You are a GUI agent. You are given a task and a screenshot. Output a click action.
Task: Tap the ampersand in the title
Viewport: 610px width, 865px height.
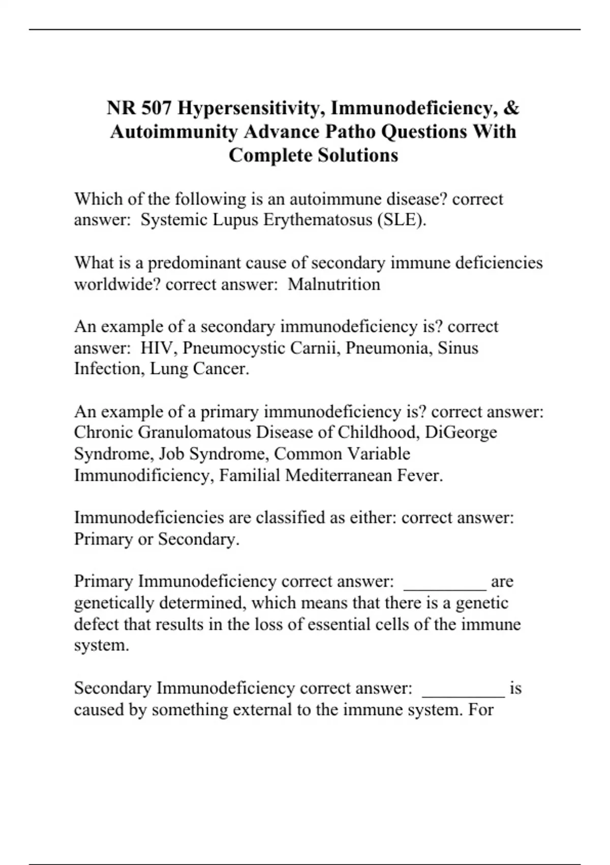pyautogui.click(x=512, y=108)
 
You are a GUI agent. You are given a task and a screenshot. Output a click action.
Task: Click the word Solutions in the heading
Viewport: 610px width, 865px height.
pyautogui.click(x=358, y=155)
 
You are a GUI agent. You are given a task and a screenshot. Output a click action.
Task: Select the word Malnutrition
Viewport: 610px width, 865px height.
pyautogui.click(x=334, y=284)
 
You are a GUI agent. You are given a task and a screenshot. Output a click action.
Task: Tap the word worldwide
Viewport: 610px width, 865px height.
pyautogui.click(x=117, y=284)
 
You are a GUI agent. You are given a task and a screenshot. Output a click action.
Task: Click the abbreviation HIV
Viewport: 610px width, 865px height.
pyautogui.click(x=158, y=348)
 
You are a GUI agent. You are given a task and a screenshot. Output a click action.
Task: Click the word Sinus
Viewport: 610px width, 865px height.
pyautogui.click(x=458, y=348)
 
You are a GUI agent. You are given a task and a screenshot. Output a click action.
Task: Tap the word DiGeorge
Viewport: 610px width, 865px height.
pyautogui.click(x=461, y=432)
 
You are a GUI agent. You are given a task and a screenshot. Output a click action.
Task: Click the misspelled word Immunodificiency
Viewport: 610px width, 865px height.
pyautogui.click(x=144, y=475)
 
